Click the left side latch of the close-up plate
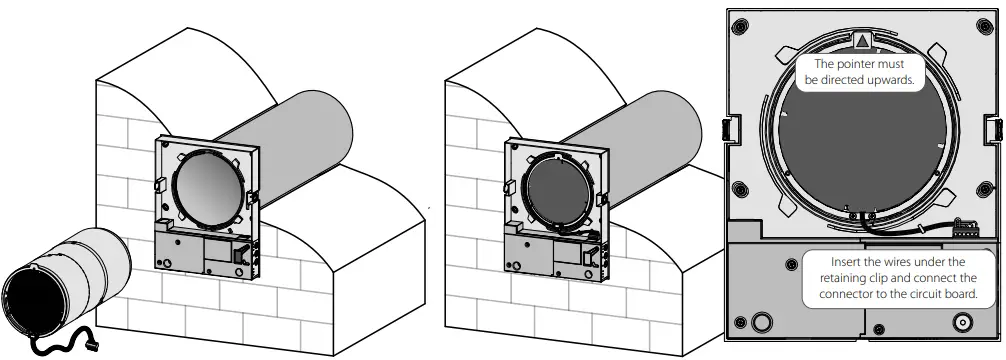[728, 128]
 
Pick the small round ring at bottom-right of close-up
[962, 322]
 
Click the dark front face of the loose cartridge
[31, 304]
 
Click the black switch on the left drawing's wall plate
[241, 256]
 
